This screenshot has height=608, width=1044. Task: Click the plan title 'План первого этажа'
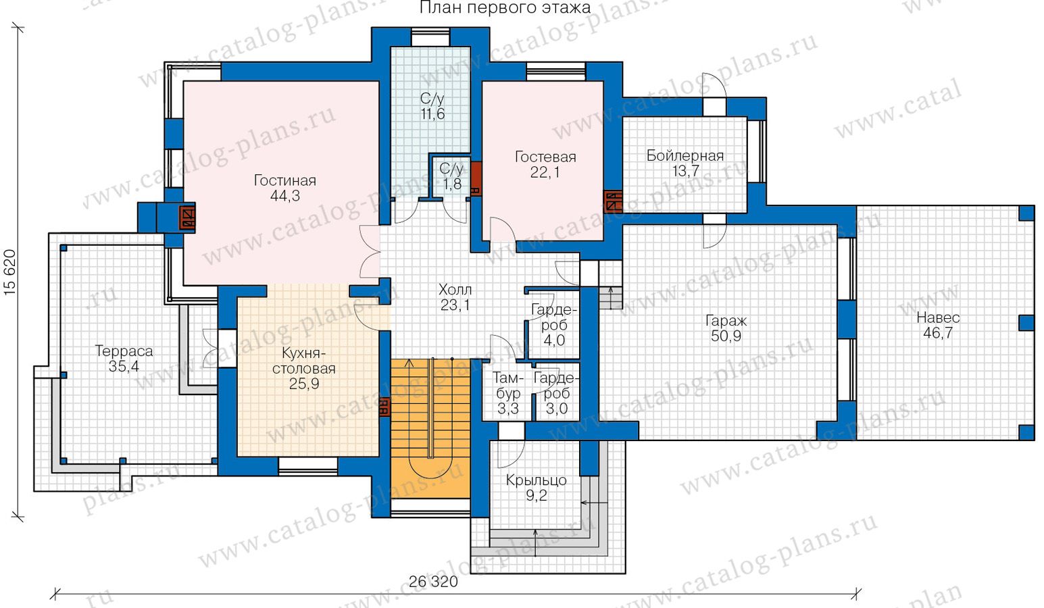[x=505, y=8]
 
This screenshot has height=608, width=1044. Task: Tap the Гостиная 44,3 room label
[x=284, y=188]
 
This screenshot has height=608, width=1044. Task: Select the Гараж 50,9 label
[x=726, y=328]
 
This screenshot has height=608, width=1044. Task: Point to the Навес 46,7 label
[x=938, y=325]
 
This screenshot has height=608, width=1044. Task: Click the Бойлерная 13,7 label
[x=685, y=163]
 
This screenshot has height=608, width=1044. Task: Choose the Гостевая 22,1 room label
[x=545, y=164]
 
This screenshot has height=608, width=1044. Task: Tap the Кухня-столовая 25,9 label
[x=304, y=369]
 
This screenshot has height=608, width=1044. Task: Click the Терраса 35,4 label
[x=124, y=359]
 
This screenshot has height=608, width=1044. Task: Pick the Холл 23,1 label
[x=455, y=297]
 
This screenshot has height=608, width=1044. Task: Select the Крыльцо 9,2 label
[x=537, y=488]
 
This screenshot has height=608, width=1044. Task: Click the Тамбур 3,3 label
[x=508, y=392]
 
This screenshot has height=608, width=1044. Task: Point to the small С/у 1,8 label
[x=451, y=176]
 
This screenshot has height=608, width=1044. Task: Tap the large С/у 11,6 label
[x=432, y=106]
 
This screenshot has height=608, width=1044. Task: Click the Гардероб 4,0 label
[x=554, y=325]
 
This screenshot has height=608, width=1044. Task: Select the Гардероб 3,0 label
[x=557, y=392]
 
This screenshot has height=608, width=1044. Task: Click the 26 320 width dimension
[x=433, y=582]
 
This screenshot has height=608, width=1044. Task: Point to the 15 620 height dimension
[x=10, y=272]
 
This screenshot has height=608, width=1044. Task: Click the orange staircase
[x=430, y=428]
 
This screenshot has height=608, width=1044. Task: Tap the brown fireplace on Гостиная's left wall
[x=187, y=218]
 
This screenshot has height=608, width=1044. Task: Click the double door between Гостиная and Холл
[x=371, y=252]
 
